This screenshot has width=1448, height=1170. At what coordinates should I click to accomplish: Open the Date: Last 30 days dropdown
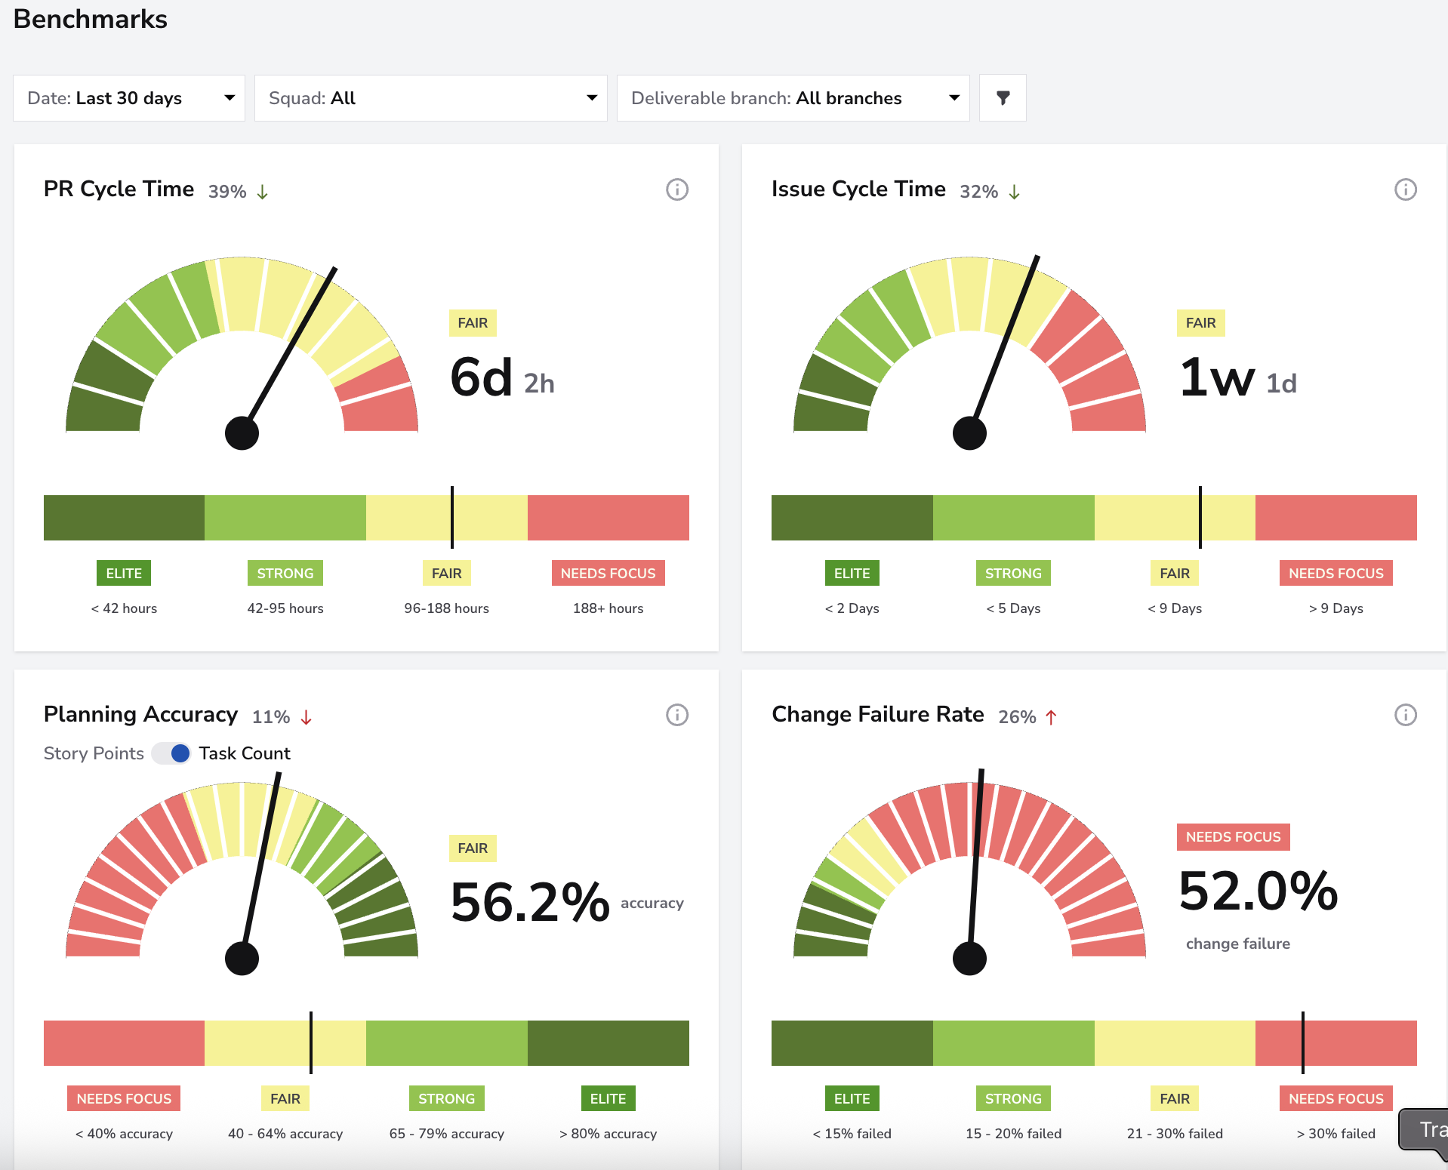coord(129,98)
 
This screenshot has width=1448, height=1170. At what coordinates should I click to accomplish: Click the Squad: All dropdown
coord(431,98)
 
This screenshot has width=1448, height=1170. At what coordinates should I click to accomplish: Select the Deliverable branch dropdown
coord(793,98)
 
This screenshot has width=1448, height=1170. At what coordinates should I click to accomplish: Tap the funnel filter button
coord(1003,98)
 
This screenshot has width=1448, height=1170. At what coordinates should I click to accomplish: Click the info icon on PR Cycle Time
coord(677,189)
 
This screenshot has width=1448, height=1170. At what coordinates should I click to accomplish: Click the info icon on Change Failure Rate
coord(1405,715)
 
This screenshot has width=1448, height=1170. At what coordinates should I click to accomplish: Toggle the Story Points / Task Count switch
coord(171,753)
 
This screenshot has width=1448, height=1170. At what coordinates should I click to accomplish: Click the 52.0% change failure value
coord(1259,891)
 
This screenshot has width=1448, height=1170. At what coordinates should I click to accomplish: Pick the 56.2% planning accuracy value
coord(530,903)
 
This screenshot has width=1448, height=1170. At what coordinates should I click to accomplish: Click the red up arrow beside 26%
coord(1051,717)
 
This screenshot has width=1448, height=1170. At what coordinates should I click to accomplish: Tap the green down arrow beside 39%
coord(262,192)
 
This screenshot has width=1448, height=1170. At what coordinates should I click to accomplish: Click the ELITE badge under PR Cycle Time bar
coord(124,573)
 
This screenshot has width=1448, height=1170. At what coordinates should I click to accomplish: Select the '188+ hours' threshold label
coord(608,608)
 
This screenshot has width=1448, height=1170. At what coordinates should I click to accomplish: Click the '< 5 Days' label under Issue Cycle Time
coord(1013,608)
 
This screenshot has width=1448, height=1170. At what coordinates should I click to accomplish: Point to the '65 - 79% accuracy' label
coord(447,1134)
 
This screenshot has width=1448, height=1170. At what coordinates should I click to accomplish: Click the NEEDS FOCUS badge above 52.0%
coord(1234,837)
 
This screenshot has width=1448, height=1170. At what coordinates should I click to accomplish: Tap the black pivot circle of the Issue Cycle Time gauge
coord(969,433)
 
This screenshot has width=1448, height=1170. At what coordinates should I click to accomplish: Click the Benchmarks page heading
coord(91,19)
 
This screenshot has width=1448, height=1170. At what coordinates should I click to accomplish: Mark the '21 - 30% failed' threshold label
coord(1175,1134)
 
